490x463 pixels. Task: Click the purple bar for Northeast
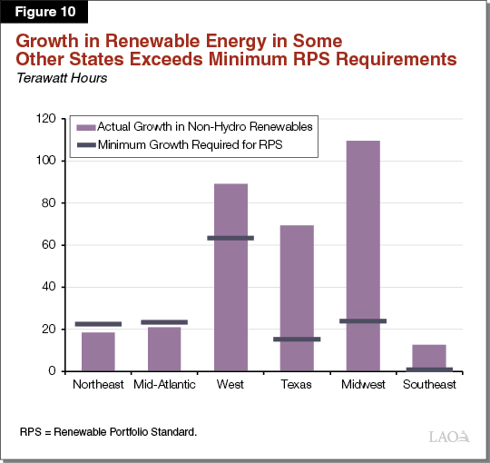coord(98,352)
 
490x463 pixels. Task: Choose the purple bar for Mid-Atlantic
coord(164,350)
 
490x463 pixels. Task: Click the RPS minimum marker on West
coord(230,238)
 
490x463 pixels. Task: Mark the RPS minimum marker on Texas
coord(297,340)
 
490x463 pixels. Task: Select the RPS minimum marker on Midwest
coord(362,320)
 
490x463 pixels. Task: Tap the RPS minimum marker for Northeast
coord(98,324)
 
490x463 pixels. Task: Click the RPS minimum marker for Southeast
coord(428,369)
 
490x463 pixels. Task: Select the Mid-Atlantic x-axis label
coord(164,385)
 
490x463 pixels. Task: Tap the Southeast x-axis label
coord(428,385)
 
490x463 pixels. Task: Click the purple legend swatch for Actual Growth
coord(87,128)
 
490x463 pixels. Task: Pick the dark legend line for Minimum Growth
coord(87,143)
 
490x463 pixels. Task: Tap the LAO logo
coord(449,437)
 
